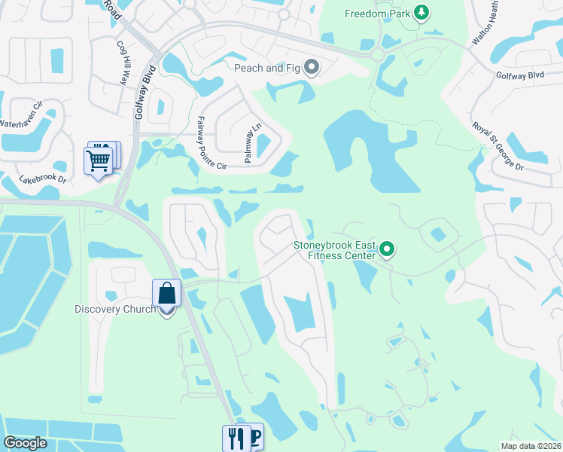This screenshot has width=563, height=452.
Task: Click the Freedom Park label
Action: coord(378,14)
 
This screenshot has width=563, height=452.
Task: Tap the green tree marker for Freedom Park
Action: coord(423,13)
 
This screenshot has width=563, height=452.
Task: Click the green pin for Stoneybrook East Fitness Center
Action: coord(388,249)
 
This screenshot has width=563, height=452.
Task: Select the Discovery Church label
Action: coord(115,309)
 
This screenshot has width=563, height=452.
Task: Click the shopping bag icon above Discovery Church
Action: coord(166,294)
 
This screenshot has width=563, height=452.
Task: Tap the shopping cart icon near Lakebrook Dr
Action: coord(99,160)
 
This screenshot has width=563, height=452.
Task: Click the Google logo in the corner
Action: coord(25,443)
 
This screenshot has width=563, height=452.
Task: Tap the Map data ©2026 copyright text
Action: coord(531,446)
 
